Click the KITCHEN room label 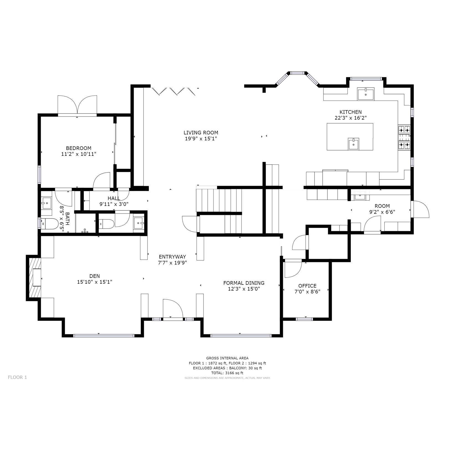(350, 112)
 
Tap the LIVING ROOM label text (201, 133)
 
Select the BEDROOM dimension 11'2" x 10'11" (78, 154)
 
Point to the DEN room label (95, 276)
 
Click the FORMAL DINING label (244, 283)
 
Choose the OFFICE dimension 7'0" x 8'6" (307, 291)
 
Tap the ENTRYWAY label (172, 257)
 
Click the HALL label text (114, 198)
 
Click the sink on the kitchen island (354, 144)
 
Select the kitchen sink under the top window (365, 94)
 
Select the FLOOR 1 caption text (17, 377)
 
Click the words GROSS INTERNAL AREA (227, 358)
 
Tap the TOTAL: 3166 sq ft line (227, 373)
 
